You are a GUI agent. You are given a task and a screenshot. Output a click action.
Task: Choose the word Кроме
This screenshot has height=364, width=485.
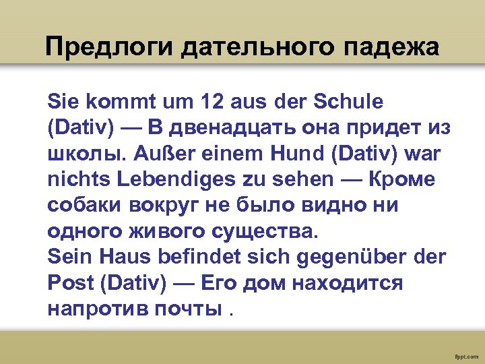(403, 179)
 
